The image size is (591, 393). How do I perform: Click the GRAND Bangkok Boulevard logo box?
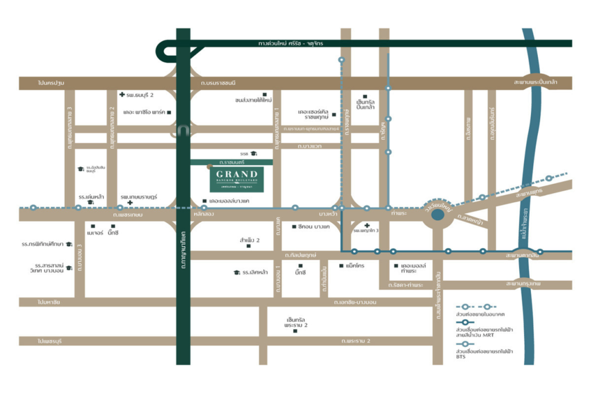(x=237, y=179)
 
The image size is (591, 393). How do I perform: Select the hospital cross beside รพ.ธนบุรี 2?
(x=122, y=95)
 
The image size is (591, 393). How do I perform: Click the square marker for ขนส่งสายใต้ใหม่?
(x=264, y=94)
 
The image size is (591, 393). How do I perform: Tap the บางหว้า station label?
(x=327, y=214)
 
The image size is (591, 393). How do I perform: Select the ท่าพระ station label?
(x=398, y=214)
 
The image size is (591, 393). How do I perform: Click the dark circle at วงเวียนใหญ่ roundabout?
(x=437, y=215)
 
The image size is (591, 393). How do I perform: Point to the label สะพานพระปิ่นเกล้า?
(x=535, y=83)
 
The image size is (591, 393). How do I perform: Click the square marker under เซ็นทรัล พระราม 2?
(x=295, y=331)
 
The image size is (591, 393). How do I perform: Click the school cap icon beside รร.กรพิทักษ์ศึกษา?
(x=69, y=244)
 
